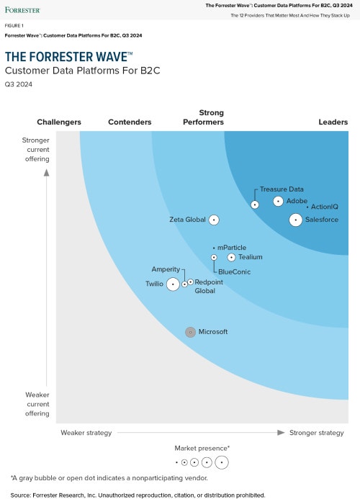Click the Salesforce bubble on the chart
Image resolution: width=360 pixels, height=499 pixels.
(x=295, y=220)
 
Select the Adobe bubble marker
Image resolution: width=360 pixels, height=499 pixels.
(x=278, y=202)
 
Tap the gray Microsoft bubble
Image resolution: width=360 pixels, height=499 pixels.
(x=190, y=332)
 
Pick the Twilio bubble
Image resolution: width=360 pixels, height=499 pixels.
(x=173, y=284)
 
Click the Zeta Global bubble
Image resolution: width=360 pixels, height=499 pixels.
(x=214, y=220)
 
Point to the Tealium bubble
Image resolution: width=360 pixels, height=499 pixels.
(x=231, y=257)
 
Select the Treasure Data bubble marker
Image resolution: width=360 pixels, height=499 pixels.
(x=255, y=204)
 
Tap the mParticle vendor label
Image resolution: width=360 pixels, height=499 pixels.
(x=231, y=248)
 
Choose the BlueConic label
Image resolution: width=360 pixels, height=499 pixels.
(x=234, y=271)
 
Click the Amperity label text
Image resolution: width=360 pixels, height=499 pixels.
(x=166, y=269)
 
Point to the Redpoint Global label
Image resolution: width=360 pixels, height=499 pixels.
(x=208, y=287)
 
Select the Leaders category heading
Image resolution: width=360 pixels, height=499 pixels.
(x=333, y=122)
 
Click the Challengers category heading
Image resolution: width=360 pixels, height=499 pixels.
(x=59, y=122)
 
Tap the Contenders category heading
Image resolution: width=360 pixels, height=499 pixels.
(x=130, y=122)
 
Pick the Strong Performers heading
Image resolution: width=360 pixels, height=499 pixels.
(x=211, y=117)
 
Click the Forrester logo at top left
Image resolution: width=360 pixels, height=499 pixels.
(x=22, y=10)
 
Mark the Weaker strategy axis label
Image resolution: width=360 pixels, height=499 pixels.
(x=86, y=433)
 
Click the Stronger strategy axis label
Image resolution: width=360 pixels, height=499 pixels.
(x=316, y=433)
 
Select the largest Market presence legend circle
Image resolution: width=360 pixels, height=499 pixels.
(x=221, y=462)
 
